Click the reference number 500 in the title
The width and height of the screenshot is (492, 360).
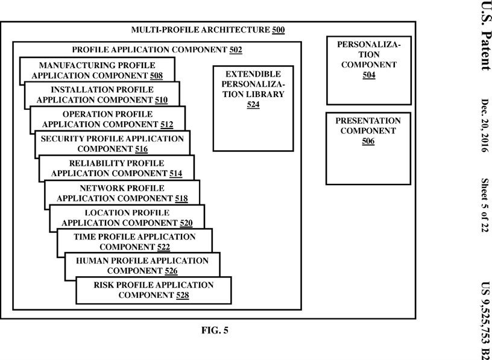(x=279, y=30)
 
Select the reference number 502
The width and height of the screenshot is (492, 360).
(x=236, y=50)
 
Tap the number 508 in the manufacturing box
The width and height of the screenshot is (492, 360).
(x=156, y=75)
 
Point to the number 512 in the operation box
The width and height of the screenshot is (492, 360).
(x=166, y=125)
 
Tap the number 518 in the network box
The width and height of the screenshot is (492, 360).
(x=181, y=198)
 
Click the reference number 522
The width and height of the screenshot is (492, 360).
(x=163, y=247)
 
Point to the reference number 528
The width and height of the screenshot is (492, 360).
(x=182, y=295)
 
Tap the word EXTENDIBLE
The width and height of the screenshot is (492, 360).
(x=253, y=74)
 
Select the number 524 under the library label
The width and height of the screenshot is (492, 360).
(x=253, y=104)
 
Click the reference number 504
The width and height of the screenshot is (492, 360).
(x=369, y=75)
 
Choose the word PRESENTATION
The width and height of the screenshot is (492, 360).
(x=368, y=121)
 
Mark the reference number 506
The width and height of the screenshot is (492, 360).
(x=368, y=141)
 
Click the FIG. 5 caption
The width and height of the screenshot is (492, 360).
(x=215, y=330)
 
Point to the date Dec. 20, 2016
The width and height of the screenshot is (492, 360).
(x=485, y=125)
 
